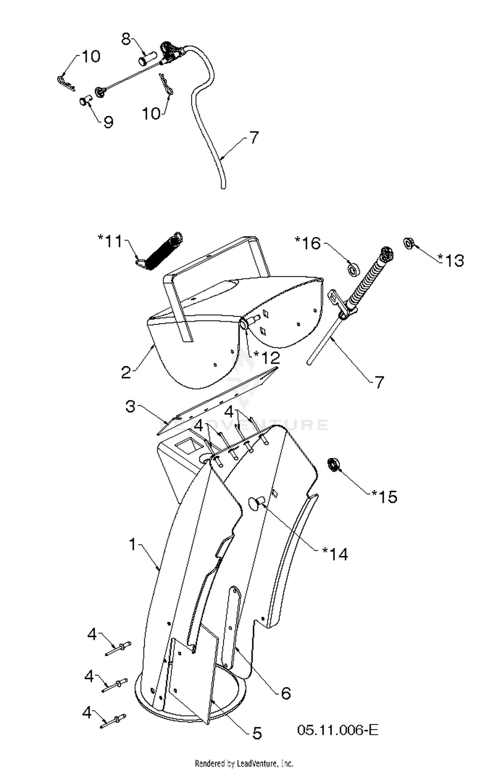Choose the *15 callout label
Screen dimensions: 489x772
pos(384,497)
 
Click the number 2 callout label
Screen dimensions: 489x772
pos(126,372)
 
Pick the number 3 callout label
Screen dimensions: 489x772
pos(130,407)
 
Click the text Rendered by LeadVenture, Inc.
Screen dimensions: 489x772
pos(244,764)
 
